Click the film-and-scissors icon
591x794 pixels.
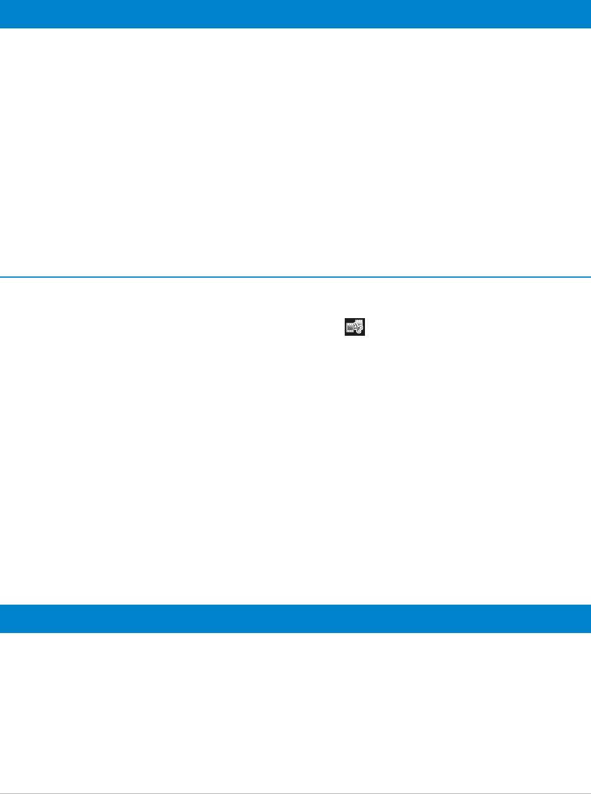tap(355, 326)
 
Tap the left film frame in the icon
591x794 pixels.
tap(350, 328)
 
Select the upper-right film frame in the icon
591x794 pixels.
tap(359, 322)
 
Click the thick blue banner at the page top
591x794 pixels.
tap(295, 14)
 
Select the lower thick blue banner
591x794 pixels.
tap(295, 619)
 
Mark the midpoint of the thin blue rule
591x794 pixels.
tap(295, 276)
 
